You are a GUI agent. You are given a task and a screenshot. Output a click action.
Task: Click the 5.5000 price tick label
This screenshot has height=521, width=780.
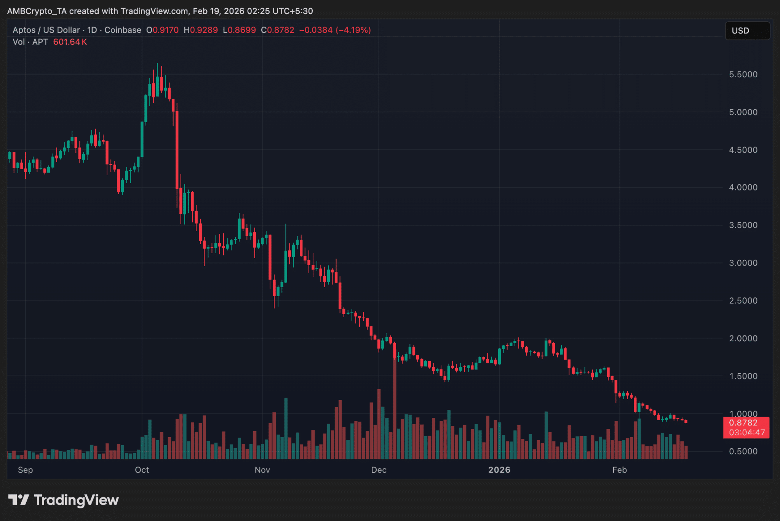click(743, 75)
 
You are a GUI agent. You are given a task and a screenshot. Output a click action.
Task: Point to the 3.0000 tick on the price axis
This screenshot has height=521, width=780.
click(743, 263)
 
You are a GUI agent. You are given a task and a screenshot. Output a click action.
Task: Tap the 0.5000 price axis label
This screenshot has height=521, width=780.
click(743, 452)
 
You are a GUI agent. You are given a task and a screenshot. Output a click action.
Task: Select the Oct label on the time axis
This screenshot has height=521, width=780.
click(142, 470)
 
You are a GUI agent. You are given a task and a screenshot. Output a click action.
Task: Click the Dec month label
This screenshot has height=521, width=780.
click(379, 470)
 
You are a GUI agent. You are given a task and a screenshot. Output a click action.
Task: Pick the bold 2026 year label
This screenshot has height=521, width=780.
click(499, 470)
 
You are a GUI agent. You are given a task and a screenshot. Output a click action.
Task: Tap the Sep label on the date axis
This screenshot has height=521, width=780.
click(26, 470)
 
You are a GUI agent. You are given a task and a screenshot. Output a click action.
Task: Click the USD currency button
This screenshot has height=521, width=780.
click(747, 31)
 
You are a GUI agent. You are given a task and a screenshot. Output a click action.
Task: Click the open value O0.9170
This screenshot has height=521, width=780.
click(163, 30)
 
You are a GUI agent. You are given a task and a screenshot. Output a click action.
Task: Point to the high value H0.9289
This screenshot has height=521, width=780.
click(201, 30)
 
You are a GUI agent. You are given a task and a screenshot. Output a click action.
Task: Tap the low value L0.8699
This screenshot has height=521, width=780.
click(239, 30)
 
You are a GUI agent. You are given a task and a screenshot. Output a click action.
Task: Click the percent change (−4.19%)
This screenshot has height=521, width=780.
click(353, 30)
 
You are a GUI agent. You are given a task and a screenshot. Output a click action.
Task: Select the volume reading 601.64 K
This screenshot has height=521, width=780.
click(70, 42)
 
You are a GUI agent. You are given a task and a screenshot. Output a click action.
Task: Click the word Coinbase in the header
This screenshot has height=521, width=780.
click(123, 30)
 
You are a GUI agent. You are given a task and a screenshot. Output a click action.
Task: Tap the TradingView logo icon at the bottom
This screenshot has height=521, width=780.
click(19, 500)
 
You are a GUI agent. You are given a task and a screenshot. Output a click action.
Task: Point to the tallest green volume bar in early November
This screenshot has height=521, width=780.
click(286, 428)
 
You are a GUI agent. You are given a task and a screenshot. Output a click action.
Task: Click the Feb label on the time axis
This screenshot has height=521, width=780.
click(619, 470)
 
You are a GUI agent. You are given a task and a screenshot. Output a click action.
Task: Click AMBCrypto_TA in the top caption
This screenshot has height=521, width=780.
click(37, 11)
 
